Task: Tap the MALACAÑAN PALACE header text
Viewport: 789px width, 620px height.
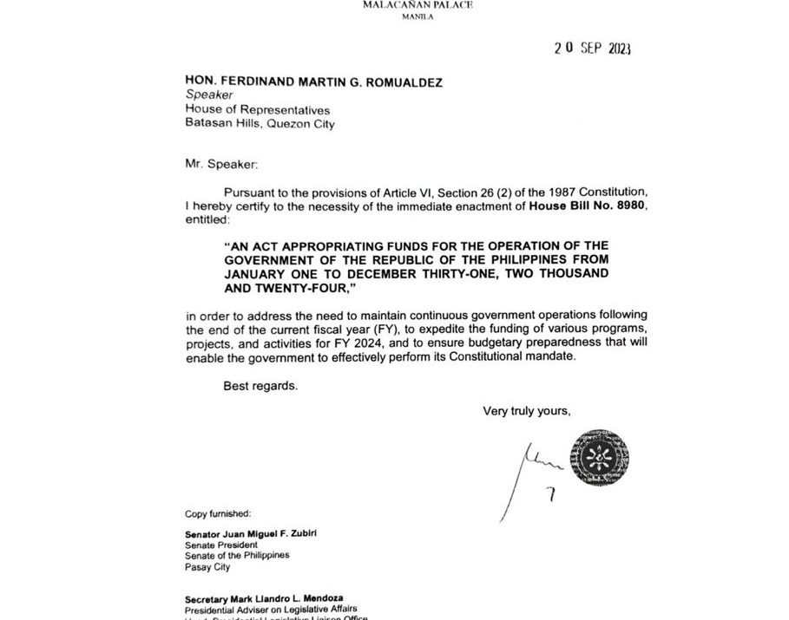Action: pyautogui.click(x=395, y=5)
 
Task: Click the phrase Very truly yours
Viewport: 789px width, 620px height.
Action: pyautogui.click(x=527, y=411)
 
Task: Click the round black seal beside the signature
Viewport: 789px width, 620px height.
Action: pyautogui.click(x=599, y=459)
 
